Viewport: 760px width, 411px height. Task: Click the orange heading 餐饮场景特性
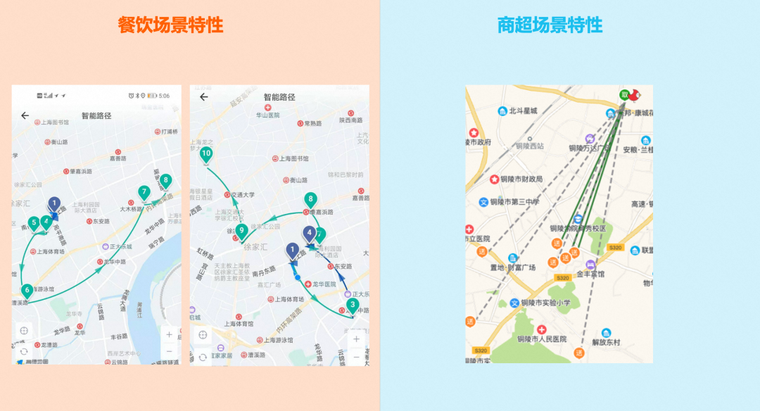[x=171, y=25]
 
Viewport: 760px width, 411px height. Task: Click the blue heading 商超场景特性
[x=550, y=25]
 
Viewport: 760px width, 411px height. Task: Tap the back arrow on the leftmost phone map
[x=25, y=115]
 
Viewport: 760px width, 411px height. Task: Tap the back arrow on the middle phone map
[x=204, y=97]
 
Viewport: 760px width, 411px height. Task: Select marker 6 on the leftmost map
[x=27, y=290]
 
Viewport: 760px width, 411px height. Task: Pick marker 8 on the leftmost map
[x=166, y=181]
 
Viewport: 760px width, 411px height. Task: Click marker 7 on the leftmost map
[x=144, y=192]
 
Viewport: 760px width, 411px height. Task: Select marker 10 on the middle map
[x=206, y=153]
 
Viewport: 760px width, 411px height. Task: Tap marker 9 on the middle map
[x=241, y=230]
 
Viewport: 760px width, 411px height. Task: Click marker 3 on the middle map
[x=353, y=305]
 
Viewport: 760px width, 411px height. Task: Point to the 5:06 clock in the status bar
[x=163, y=96]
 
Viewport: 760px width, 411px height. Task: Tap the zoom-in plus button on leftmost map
[x=169, y=334]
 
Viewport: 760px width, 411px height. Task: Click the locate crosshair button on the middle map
[x=203, y=335]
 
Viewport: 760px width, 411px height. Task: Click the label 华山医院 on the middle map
[x=267, y=115]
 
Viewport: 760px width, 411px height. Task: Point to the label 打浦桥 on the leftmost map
[x=169, y=132]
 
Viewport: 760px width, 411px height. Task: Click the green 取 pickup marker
[x=623, y=95]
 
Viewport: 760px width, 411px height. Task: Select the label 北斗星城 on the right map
[x=523, y=111]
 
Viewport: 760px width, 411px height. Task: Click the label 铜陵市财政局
[x=517, y=179]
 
